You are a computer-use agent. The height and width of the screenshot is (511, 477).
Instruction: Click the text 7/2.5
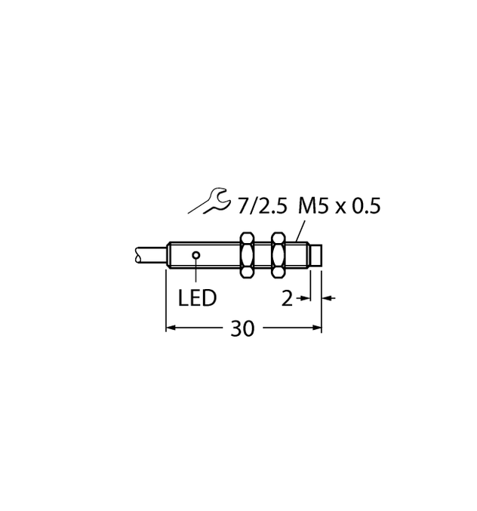point(263,205)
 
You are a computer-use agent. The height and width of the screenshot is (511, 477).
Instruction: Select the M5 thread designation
point(313,205)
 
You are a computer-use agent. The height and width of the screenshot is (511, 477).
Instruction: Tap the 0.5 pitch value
point(365,205)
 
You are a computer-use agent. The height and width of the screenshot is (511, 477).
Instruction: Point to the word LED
point(197,298)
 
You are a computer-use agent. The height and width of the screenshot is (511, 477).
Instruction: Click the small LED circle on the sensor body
point(196,255)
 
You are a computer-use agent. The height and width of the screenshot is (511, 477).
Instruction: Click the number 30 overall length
point(244,328)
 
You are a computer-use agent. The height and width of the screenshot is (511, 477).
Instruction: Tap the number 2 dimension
point(287,299)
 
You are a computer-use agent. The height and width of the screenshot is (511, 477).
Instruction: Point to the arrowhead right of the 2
point(306,299)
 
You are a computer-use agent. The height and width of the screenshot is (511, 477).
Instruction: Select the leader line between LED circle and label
point(196,272)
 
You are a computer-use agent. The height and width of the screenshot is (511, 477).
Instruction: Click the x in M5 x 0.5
point(339,206)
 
